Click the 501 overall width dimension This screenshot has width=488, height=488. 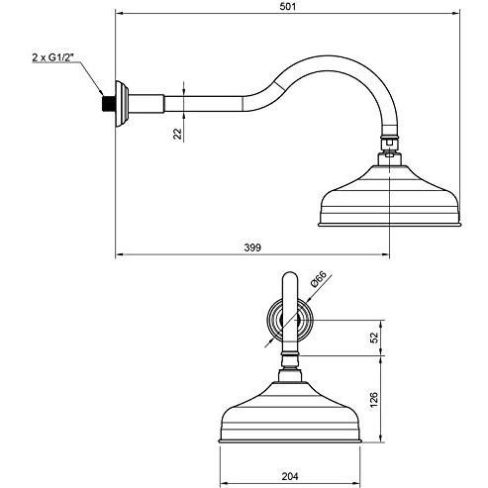[x=288, y=6]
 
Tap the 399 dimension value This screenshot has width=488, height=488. [x=252, y=247]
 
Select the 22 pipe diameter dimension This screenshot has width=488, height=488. [x=178, y=134]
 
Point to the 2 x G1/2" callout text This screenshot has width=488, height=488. [x=52, y=57]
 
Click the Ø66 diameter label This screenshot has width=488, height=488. [x=319, y=279]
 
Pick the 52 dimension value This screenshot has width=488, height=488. [x=374, y=338]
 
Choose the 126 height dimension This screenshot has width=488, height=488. [x=374, y=400]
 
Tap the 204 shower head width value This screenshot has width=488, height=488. [x=290, y=476]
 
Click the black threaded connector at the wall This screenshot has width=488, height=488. [x=109, y=104]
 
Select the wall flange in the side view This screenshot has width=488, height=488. [x=122, y=104]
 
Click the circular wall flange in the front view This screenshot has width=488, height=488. [x=290, y=320]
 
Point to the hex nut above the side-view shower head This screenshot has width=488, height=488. [x=390, y=141]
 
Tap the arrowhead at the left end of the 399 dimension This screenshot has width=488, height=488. [x=119, y=254]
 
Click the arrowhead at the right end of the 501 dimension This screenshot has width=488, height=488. [x=456, y=13]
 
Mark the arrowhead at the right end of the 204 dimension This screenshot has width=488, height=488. [x=356, y=483]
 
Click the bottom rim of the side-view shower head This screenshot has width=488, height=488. [x=389, y=225]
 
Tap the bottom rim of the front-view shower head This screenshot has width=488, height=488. [x=290, y=440]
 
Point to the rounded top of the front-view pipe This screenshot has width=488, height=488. [x=290, y=273]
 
